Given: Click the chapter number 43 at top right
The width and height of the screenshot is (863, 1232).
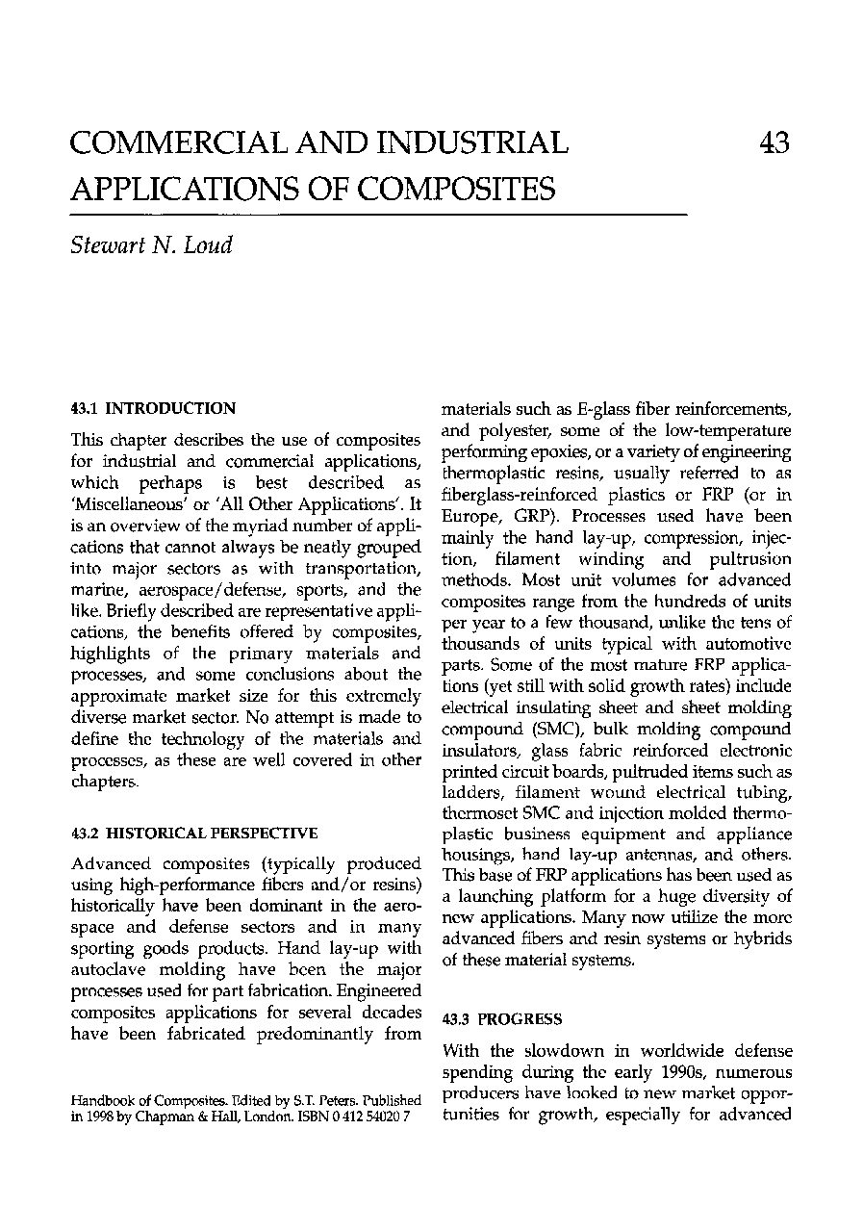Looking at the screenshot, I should [x=774, y=143].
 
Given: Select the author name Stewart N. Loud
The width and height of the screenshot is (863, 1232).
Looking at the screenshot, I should [x=151, y=244].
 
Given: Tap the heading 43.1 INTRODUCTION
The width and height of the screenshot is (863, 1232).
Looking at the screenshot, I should [x=153, y=408].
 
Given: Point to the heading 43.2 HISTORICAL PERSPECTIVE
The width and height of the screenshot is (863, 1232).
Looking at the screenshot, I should [x=194, y=833].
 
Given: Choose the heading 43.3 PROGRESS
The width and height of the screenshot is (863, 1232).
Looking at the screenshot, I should [x=501, y=1018].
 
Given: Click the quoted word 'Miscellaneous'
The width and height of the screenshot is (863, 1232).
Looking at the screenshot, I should [x=121, y=504].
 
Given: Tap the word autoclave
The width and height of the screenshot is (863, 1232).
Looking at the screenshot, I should [x=113, y=970].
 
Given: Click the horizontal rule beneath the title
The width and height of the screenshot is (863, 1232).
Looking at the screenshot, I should [x=378, y=213].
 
